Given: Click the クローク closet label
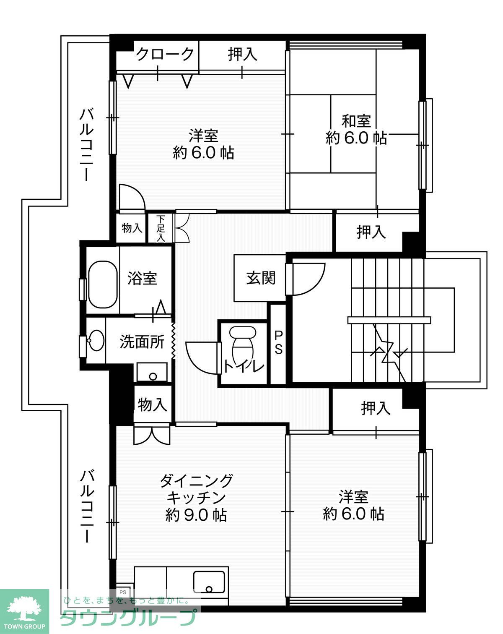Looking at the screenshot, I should click(x=165, y=54).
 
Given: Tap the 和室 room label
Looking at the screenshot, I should click(x=356, y=121).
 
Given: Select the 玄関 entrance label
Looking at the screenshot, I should click(x=260, y=278).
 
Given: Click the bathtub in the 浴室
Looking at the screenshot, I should click(x=103, y=284).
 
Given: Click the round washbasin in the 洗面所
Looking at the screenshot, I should click(x=96, y=340).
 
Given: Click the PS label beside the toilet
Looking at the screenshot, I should click(x=278, y=342).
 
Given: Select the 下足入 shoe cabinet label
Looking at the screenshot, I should click(x=161, y=228).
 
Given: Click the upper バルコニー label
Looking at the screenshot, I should click(x=87, y=144).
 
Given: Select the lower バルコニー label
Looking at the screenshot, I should click(x=87, y=506).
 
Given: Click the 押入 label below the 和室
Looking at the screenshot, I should click(x=371, y=232).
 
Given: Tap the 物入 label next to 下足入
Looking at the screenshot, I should click(x=132, y=228).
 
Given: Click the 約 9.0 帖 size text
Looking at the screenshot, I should click(x=196, y=515).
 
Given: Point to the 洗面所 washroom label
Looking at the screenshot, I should click(x=142, y=342).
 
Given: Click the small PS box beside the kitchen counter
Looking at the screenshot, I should click(x=123, y=592).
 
